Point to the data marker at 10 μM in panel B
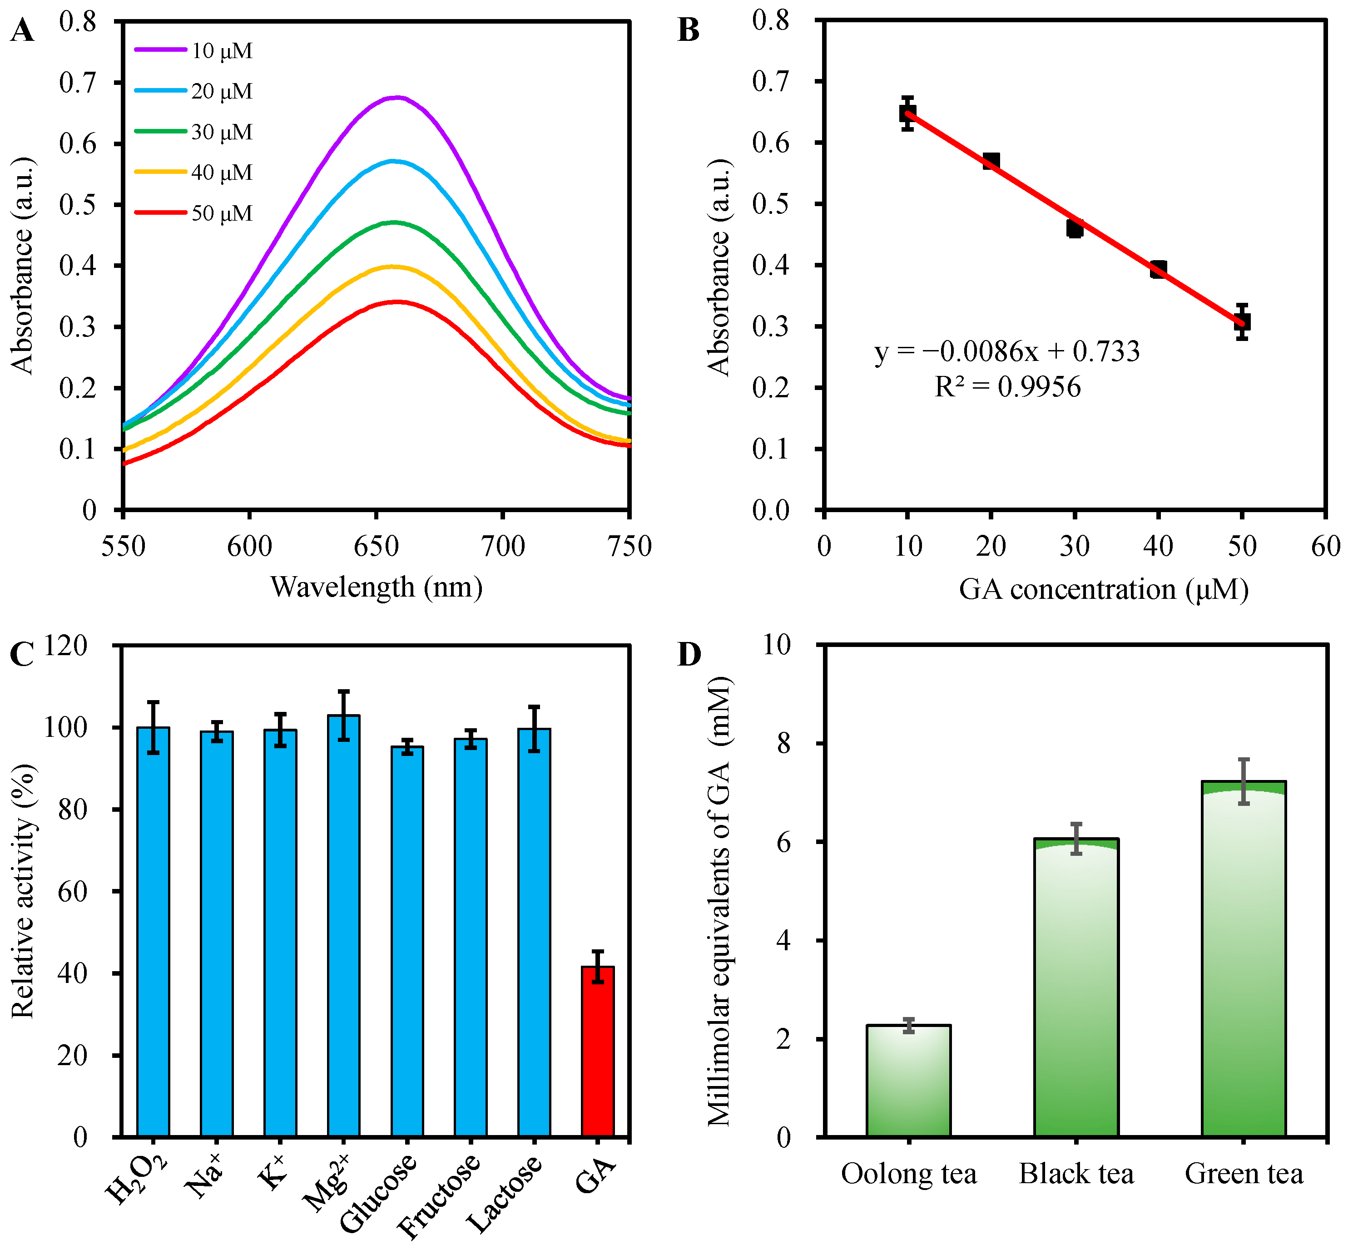click(x=908, y=114)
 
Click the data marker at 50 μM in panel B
click(x=1242, y=322)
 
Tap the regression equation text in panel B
click(x=1007, y=352)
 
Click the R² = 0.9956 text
click(x=1007, y=387)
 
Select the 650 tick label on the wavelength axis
click(x=376, y=546)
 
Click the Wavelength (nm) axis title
click(x=377, y=587)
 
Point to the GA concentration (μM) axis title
click(x=1103, y=589)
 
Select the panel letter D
click(x=689, y=654)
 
